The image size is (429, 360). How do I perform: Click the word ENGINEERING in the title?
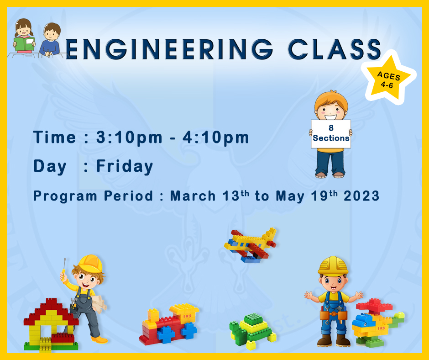169,49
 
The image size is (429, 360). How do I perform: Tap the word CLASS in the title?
335,49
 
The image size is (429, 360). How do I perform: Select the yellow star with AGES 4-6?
388,78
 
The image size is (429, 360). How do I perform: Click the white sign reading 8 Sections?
331,134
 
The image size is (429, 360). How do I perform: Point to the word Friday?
125,166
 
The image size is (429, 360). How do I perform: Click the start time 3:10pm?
129,138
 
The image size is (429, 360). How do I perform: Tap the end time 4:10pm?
216,138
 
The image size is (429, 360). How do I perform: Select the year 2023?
361,196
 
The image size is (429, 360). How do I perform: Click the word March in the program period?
193,196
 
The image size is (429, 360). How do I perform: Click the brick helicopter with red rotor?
377,321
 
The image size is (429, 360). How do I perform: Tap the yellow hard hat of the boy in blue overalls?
333,265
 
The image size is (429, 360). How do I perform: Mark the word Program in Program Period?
65,196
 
